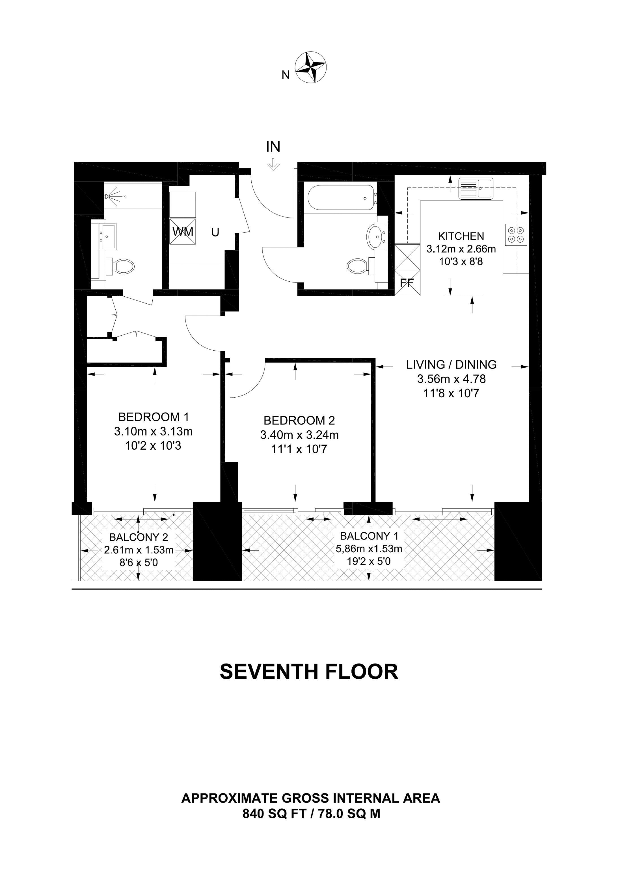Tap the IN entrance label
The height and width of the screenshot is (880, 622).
(273, 147)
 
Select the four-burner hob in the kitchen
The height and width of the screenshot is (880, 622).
(516, 235)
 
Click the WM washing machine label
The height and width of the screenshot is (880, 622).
(183, 232)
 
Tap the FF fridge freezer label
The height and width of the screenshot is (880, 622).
(407, 283)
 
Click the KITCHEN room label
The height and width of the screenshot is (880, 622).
(461, 236)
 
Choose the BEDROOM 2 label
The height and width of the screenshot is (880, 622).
(299, 420)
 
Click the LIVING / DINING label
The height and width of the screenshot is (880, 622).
(452, 364)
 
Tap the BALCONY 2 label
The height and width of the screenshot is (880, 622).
(139, 537)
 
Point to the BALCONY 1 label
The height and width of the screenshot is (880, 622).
(369, 535)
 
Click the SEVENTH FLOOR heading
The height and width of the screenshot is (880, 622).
(309, 672)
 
